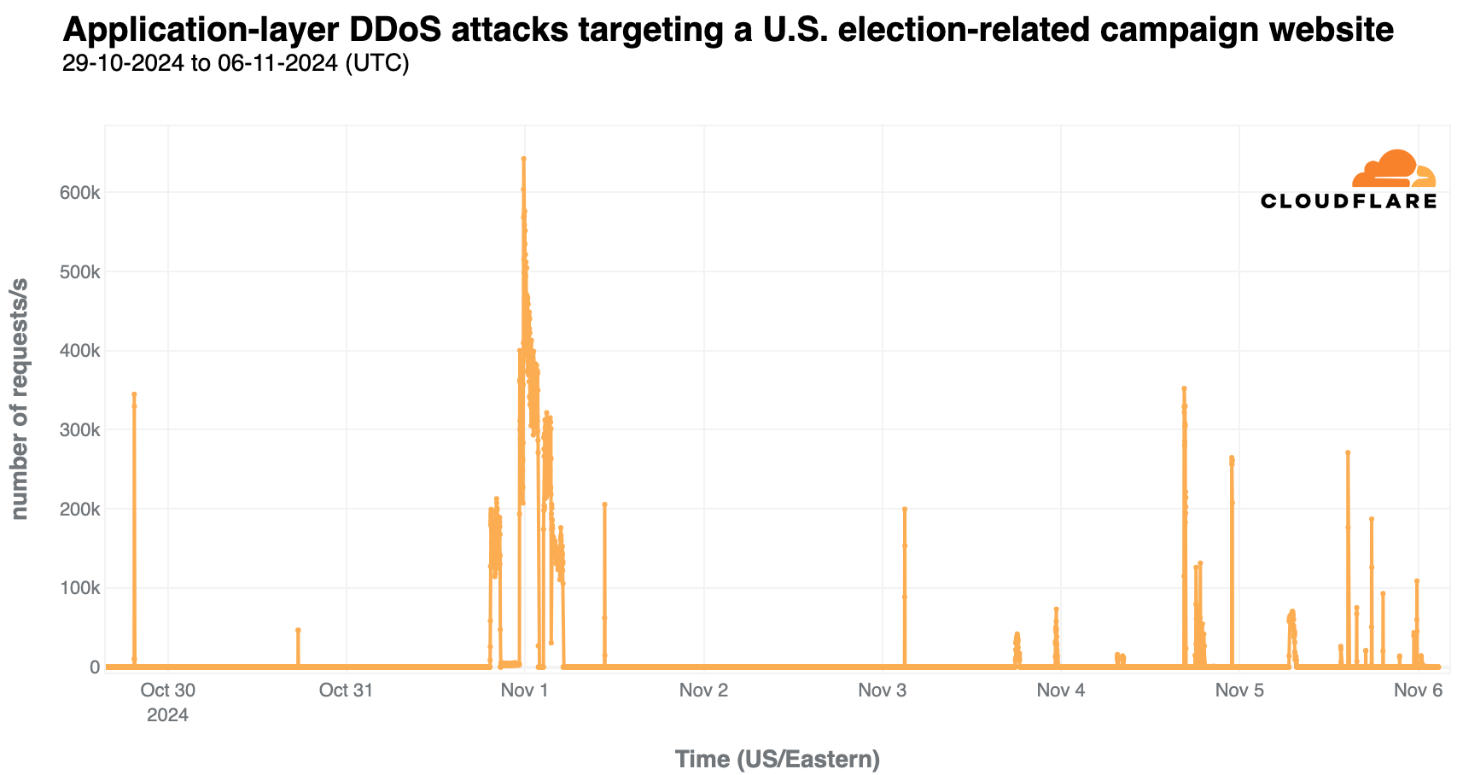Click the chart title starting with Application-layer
point(728,30)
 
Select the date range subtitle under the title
point(236,64)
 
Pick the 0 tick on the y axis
point(95,667)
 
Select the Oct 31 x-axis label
point(346,691)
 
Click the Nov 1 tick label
point(524,691)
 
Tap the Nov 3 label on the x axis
point(882,691)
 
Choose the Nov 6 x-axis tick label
point(1418,691)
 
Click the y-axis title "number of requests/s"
point(19,399)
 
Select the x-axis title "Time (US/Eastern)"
point(777,759)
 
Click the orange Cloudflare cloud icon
point(1394,169)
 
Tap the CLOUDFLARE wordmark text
point(1349,201)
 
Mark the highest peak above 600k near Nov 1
point(523,159)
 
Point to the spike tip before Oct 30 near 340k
point(134,394)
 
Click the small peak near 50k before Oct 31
point(298,630)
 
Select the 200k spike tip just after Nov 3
point(904,509)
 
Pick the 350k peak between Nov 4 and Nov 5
point(1184,388)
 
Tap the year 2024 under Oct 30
point(167,715)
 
